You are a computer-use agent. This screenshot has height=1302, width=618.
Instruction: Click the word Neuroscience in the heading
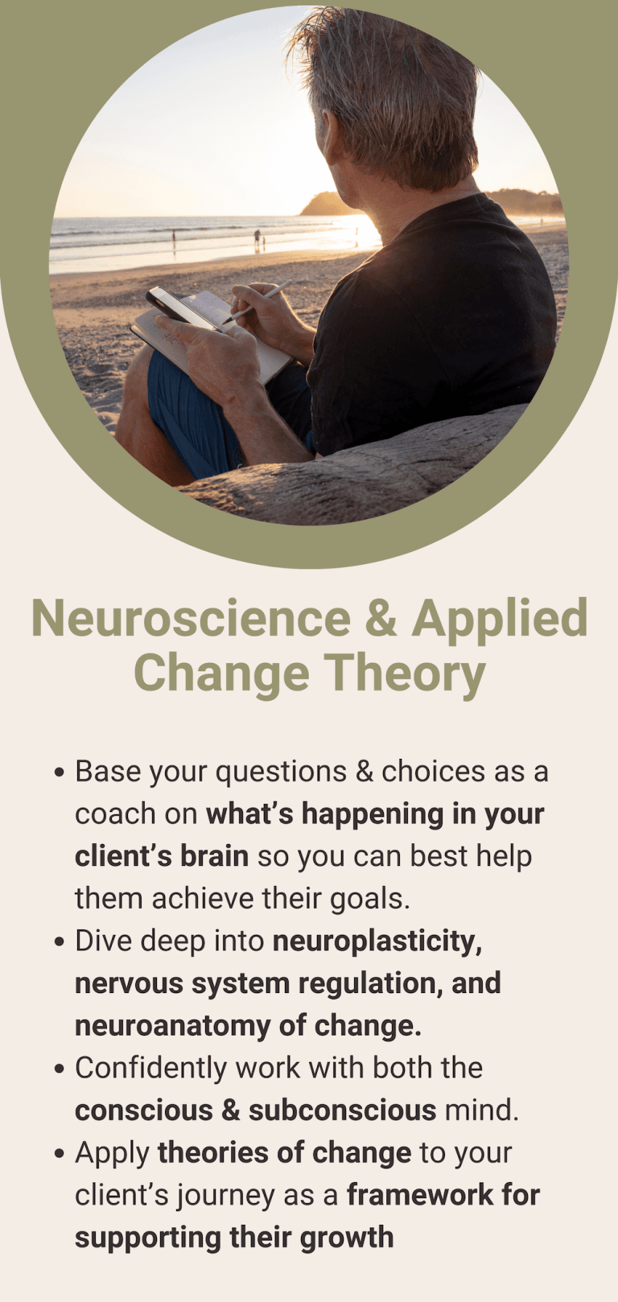click(191, 618)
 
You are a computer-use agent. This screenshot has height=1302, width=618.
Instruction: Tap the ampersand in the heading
click(381, 618)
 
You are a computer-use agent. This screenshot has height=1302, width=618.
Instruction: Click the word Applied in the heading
click(500, 620)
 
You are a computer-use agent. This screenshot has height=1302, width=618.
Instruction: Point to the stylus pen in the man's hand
click(259, 300)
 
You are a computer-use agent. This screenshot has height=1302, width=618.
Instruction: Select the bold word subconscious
click(343, 1110)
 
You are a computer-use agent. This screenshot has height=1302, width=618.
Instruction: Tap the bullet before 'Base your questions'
click(59, 773)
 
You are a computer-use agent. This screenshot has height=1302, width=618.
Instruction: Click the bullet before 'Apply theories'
click(59, 1155)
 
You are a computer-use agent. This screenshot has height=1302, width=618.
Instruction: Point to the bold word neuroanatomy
click(173, 1027)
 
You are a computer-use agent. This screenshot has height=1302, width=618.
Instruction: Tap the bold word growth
click(347, 1238)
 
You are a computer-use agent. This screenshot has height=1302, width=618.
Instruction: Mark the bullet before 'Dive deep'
click(59, 943)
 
